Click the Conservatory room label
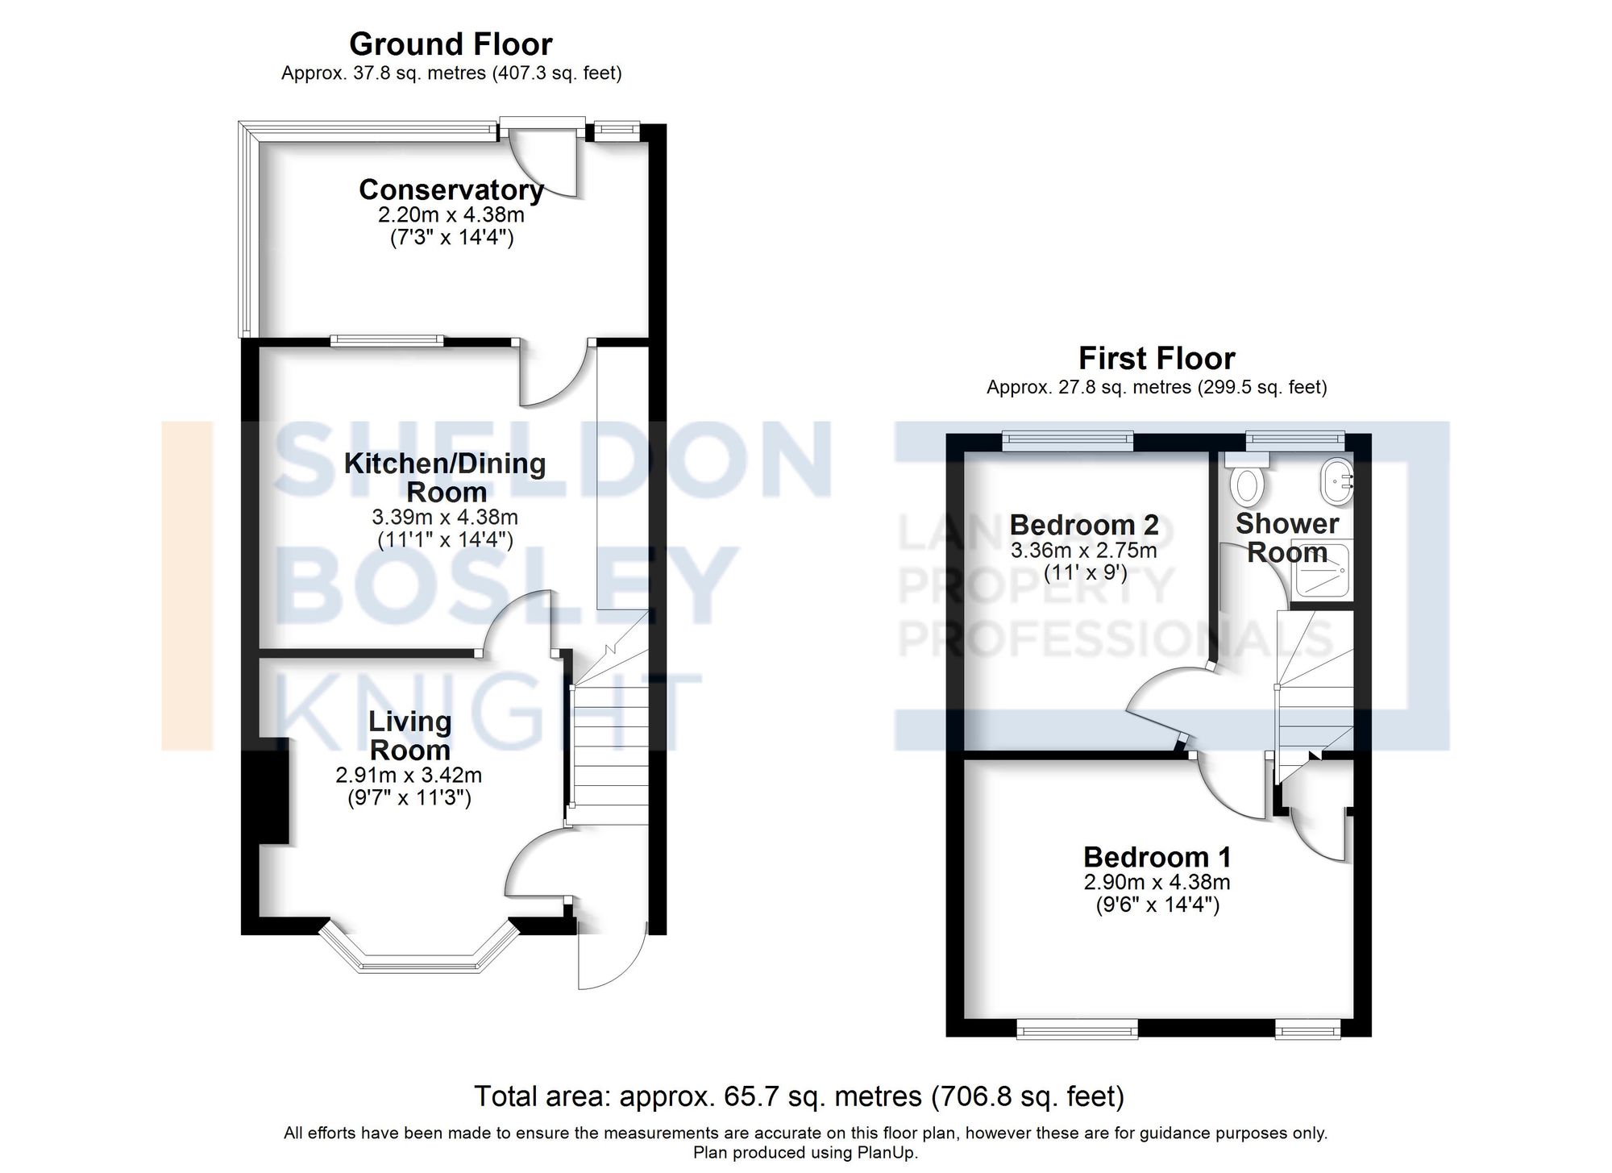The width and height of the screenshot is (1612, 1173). [451, 190]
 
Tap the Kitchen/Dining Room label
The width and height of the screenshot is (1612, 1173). [445, 477]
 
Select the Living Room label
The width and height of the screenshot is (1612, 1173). [409, 735]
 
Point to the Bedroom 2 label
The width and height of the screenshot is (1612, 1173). [1084, 525]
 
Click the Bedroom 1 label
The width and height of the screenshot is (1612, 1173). [1157, 856]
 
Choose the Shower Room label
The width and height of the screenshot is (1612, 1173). [1287, 538]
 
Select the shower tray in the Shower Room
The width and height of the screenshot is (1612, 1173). [1321, 572]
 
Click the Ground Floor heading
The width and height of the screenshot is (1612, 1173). [451, 44]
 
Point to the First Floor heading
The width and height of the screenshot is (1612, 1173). [1157, 358]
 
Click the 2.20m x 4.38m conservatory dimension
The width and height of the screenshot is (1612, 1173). [451, 215]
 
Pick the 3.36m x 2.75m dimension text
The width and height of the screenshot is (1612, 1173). [1084, 551]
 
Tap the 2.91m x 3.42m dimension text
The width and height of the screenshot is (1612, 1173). [409, 776]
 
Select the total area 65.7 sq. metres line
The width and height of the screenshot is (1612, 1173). [799, 1096]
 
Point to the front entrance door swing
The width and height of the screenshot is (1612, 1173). [613, 959]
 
